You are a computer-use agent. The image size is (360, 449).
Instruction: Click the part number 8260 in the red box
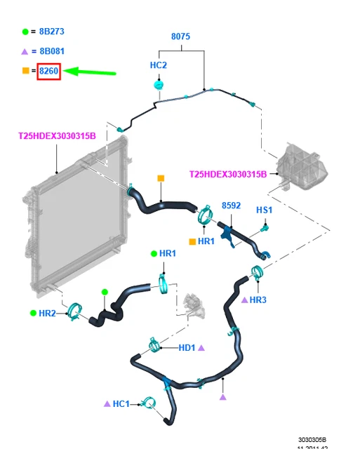pyautogui.click(x=48, y=71)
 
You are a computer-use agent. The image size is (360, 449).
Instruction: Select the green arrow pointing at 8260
pyautogui.click(x=89, y=72)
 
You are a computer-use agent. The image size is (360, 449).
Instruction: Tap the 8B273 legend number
pyautogui.click(x=51, y=32)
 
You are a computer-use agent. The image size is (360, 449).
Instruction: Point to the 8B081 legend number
pyautogui.click(x=52, y=51)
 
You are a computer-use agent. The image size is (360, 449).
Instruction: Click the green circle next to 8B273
pyautogui.click(x=25, y=32)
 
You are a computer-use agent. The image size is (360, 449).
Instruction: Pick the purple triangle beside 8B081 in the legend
pyautogui.click(x=25, y=52)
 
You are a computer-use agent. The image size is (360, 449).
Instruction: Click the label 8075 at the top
pyautogui.click(x=180, y=36)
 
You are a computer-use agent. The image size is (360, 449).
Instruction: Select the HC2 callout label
pyautogui.click(x=159, y=65)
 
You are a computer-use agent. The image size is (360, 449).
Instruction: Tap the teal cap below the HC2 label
pyautogui.click(x=159, y=85)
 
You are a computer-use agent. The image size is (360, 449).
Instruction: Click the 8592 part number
pyautogui.click(x=231, y=206)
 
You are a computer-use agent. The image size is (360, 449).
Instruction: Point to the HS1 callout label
pyautogui.click(x=264, y=210)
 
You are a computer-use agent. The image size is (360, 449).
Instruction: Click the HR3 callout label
pyautogui.click(x=258, y=300)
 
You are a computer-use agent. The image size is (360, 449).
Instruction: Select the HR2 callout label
pyautogui.click(x=47, y=314)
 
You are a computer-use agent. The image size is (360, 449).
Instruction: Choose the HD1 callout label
pyautogui.click(x=187, y=348)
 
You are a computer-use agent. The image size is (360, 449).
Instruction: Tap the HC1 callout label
pyautogui.click(x=121, y=404)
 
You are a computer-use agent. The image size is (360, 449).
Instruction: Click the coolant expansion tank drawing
pyautogui.click(x=302, y=166)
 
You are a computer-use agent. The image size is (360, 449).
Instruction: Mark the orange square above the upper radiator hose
pyautogui.click(x=161, y=178)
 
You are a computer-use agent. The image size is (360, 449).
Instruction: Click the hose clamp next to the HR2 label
pyautogui.click(x=74, y=311)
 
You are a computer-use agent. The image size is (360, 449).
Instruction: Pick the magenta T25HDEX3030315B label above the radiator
pyautogui.click(x=57, y=136)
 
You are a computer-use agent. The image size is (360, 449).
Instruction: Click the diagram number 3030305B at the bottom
pyautogui.click(x=312, y=440)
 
